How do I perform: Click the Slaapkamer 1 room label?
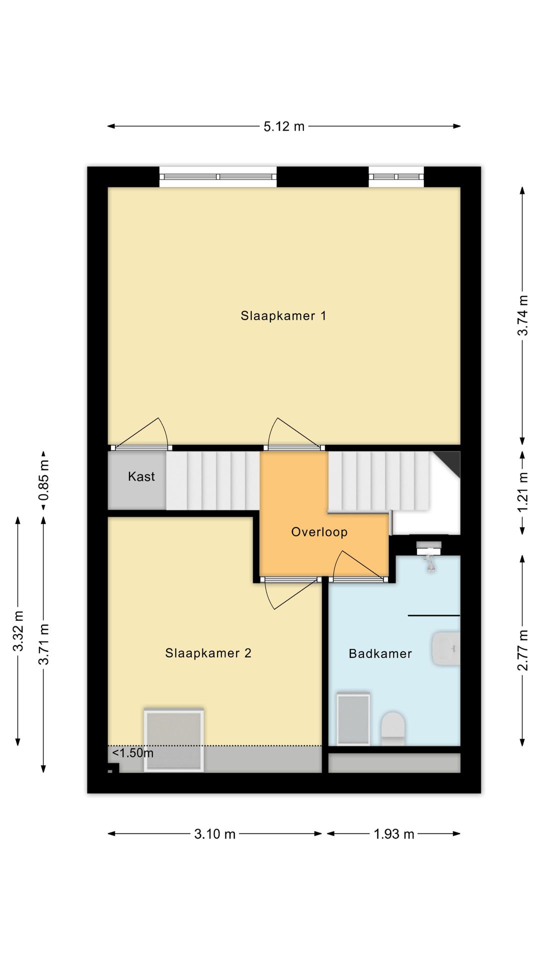point(283,316)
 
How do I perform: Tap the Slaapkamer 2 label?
point(208,653)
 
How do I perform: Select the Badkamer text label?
point(380,653)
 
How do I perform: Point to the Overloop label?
point(319,532)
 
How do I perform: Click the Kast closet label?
point(141,476)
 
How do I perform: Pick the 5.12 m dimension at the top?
point(284,126)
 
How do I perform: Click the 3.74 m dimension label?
point(522,315)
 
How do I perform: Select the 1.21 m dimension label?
point(522,492)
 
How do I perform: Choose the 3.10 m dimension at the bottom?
point(214,834)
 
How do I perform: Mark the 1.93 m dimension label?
point(394,834)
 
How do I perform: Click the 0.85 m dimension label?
point(44,480)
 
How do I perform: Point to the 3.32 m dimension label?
point(18,631)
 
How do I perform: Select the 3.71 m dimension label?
point(44,644)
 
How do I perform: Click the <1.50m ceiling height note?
point(132,753)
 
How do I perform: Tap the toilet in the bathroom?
point(392,728)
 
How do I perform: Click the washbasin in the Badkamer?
point(445,648)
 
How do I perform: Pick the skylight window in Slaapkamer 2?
point(173,740)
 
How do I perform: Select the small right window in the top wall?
point(396,177)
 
